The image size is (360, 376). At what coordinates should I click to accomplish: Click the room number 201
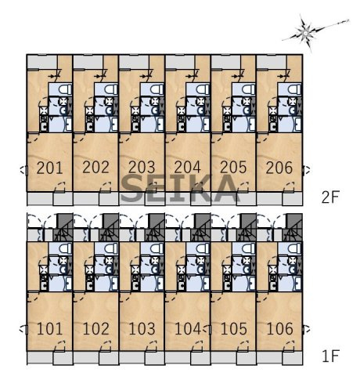pos(49,168)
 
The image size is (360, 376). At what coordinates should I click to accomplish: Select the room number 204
pos(187,168)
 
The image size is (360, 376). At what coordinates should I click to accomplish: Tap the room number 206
pos(279,168)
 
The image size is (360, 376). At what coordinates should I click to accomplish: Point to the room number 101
pos(49,329)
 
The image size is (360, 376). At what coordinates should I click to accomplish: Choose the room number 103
pos(142,329)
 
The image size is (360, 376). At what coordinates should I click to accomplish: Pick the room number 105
pos(233,329)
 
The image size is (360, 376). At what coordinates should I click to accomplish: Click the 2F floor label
pos(330,197)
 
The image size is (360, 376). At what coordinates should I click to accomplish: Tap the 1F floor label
pos(330,356)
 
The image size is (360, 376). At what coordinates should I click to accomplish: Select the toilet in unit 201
pos(65,89)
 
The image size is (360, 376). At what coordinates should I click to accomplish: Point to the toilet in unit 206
pos(294,89)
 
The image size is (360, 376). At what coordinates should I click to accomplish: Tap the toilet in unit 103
pos(157,248)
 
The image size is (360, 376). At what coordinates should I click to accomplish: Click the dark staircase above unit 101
pos(63,227)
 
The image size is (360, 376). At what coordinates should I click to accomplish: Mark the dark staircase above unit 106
pos(292,227)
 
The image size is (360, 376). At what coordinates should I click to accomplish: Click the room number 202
pos(95,168)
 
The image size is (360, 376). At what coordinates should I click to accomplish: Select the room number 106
pos(279,329)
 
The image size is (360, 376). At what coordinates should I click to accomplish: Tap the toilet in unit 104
pos(203,248)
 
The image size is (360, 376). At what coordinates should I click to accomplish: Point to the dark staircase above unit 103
pos(154,227)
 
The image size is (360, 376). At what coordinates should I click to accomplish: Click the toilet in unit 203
pos(157,89)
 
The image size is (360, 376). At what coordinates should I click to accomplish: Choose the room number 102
pos(95,329)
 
